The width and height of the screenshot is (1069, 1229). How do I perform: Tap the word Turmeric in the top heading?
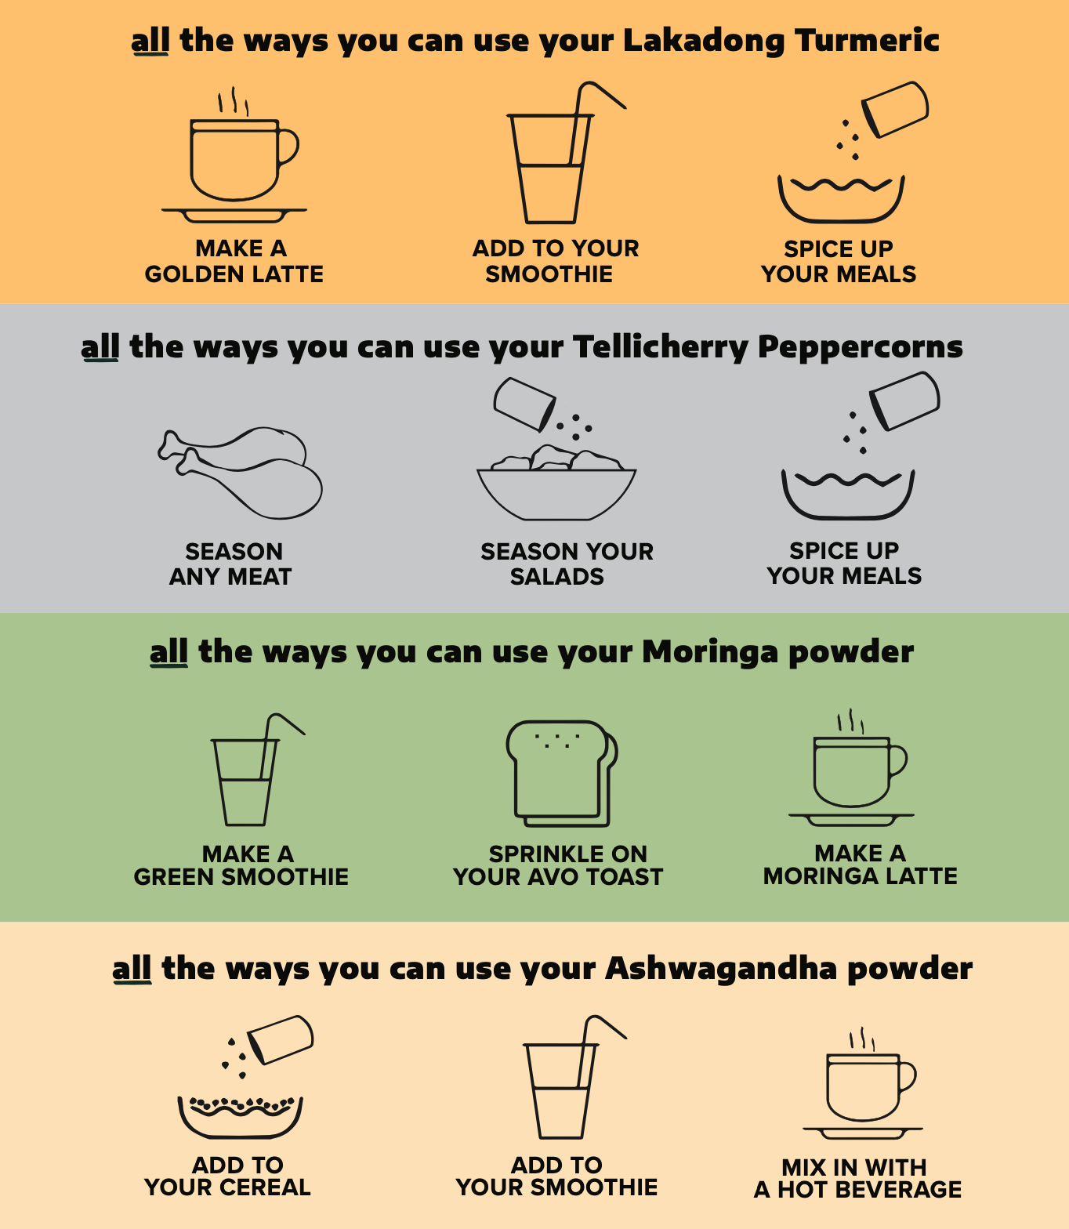click(867, 40)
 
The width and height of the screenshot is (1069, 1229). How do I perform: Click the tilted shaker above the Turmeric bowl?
click(895, 109)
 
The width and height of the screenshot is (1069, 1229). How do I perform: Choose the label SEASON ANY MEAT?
click(231, 564)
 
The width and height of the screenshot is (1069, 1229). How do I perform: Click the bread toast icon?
click(562, 773)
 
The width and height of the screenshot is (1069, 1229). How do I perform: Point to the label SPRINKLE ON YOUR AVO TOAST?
click(558, 865)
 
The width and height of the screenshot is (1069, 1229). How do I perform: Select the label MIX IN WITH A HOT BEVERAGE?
click(857, 1178)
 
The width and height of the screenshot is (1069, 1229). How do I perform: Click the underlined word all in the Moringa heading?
click(169, 652)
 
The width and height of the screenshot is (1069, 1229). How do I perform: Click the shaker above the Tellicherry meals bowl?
click(905, 401)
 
